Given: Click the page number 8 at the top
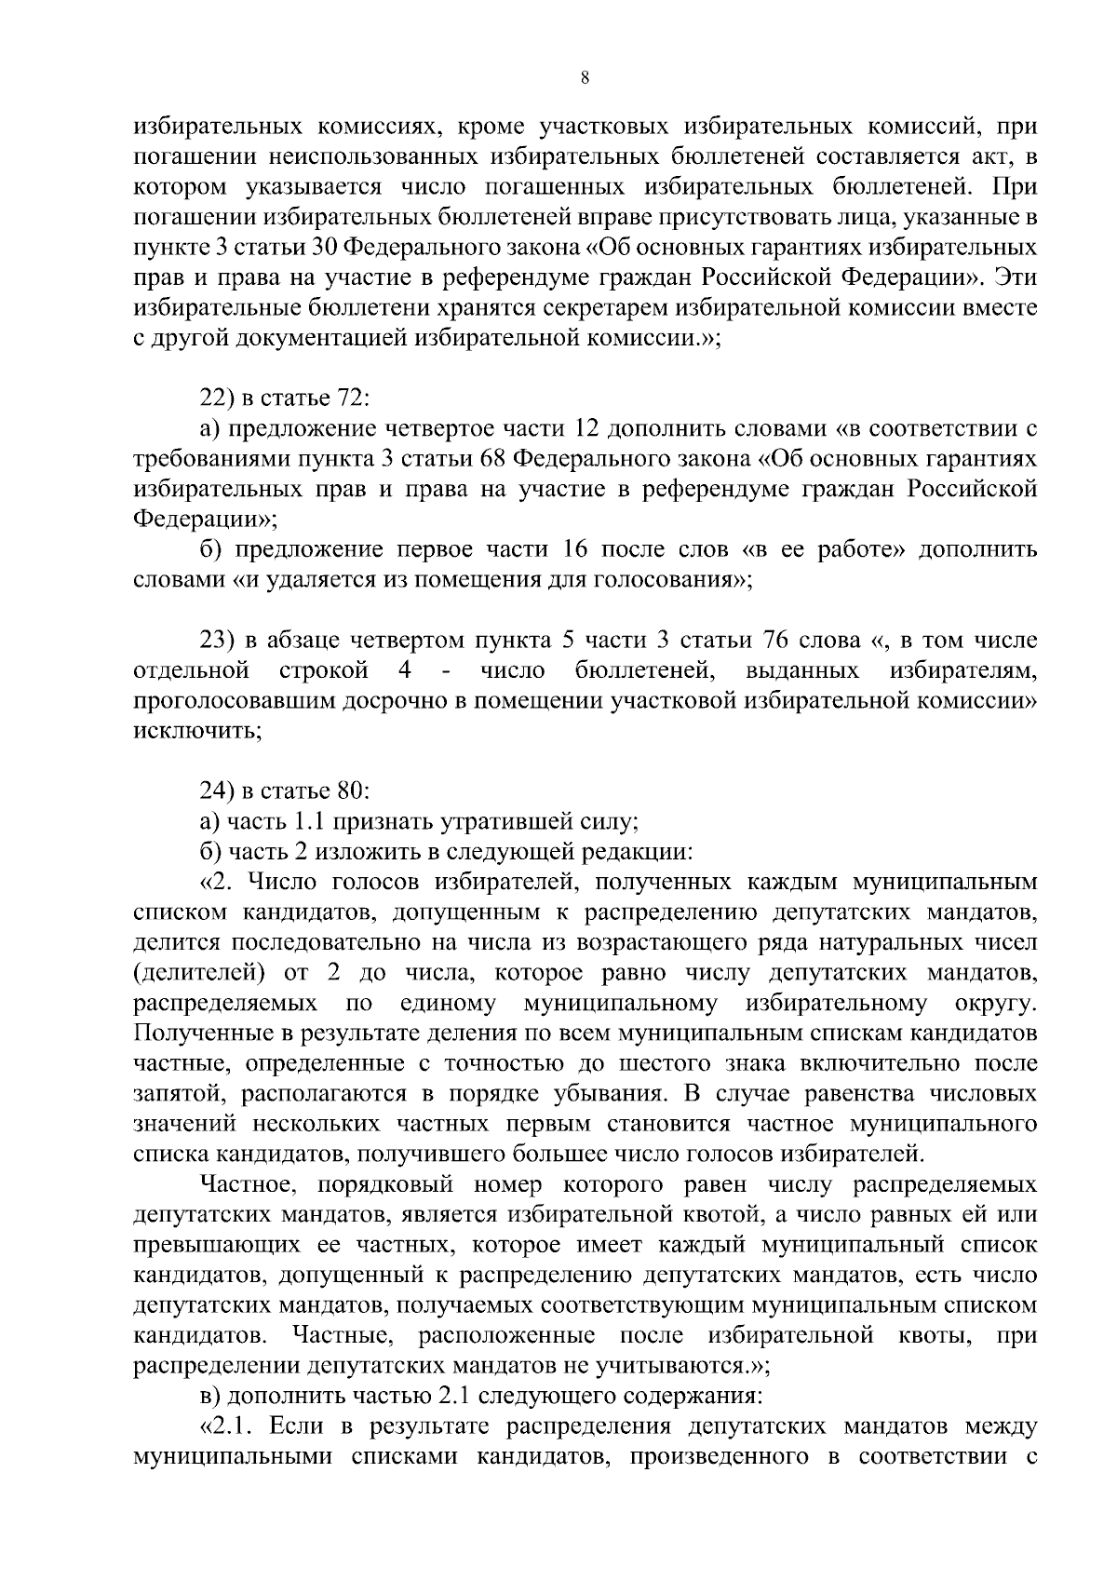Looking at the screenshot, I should click(584, 79).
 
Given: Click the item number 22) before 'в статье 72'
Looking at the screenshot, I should click(216, 398).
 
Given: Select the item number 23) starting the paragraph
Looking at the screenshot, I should click(217, 641).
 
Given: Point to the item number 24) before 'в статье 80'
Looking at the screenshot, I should click(217, 791).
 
